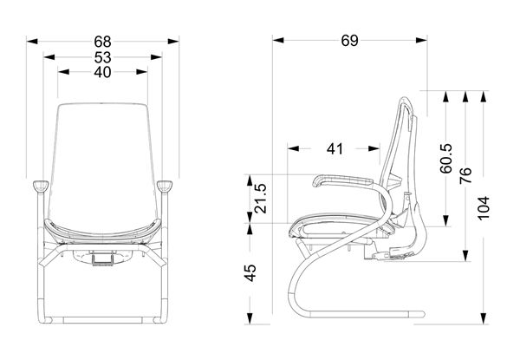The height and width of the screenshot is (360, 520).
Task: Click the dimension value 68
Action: [x=102, y=41]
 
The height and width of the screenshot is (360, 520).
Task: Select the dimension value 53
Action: [x=102, y=57]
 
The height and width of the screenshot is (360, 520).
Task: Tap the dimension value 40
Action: [x=102, y=73]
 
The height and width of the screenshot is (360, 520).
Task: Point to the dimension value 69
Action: [x=350, y=41]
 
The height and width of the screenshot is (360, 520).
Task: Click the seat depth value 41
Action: [x=335, y=148]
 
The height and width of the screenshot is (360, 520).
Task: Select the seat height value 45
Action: [x=250, y=273]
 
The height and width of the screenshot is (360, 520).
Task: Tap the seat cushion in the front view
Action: [x=102, y=231]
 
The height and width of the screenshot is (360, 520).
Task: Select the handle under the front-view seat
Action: [x=104, y=257]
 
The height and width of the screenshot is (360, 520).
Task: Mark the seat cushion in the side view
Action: [x=334, y=225]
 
